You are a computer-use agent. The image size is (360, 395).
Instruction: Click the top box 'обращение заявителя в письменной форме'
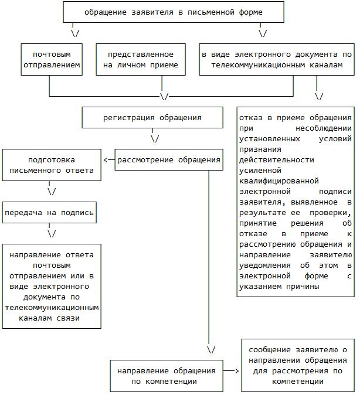click(x=173, y=12)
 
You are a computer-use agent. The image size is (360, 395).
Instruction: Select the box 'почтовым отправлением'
click(x=50, y=59)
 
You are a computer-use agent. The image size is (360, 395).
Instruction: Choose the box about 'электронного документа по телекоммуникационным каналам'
click(x=276, y=59)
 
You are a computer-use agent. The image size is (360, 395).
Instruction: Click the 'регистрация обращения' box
click(x=152, y=117)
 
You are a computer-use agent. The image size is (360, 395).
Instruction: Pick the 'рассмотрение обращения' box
click(x=169, y=159)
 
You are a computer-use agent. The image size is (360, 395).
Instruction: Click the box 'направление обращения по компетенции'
click(x=166, y=376)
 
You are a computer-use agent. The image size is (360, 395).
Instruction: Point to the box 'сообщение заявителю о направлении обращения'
click(x=298, y=365)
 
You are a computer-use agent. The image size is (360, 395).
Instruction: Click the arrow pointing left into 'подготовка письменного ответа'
click(x=108, y=159)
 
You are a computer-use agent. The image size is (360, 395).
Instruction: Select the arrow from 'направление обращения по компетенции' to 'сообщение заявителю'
click(x=234, y=371)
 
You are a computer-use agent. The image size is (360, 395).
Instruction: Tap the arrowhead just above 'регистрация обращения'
click(x=164, y=96)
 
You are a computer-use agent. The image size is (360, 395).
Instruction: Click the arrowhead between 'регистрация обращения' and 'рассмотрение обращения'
click(x=155, y=139)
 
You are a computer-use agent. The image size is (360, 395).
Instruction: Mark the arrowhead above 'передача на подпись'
click(x=52, y=191)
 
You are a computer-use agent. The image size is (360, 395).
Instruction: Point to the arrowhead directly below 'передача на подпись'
click(x=52, y=233)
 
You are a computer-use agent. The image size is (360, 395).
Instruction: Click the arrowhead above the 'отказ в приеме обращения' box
click(x=320, y=96)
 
